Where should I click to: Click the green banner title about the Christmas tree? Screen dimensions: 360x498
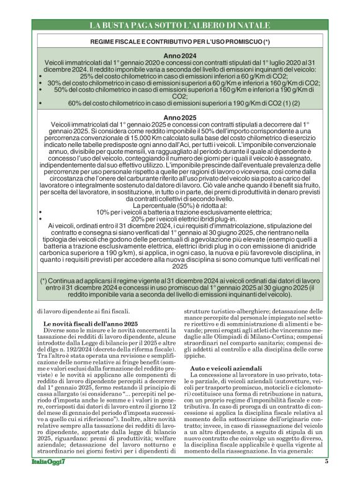(179, 25)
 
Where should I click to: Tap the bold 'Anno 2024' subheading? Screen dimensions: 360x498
(179, 56)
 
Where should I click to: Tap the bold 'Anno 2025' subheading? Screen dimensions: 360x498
(179, 117)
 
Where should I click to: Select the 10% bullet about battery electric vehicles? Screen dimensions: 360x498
(179, 211)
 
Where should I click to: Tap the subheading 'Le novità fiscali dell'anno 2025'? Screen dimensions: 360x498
(90, 324)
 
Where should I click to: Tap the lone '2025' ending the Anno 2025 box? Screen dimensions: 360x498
(179, 266)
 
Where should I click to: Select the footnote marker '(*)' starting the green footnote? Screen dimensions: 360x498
(45, 281)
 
